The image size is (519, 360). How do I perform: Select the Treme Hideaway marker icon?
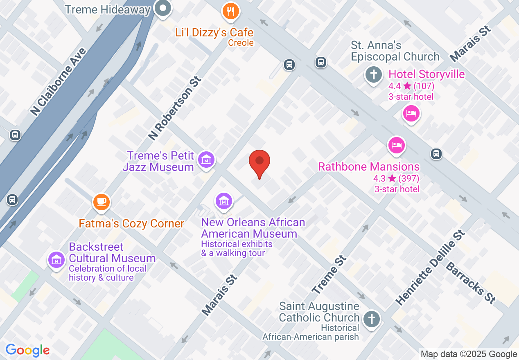pos(163,8)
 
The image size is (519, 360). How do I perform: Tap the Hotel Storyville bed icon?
pos(411,113)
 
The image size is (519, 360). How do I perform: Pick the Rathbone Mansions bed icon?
pos(396,145)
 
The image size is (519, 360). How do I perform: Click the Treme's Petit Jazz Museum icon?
pos(206,160)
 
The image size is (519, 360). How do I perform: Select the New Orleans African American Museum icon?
pos(223,201)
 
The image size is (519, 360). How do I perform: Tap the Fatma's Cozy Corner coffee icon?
pos(101,202)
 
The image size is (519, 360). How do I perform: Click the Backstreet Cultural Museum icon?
pos(56,259)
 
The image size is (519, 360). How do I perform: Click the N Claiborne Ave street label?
pos(58,82)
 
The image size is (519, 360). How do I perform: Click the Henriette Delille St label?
pos(431,268)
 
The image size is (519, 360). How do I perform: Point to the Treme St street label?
pos(329,274)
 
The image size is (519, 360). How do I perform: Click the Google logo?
pos(27,350)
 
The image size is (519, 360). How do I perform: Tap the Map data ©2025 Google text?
pos(469,354)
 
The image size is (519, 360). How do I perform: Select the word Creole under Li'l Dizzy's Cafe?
pos(241,43)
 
